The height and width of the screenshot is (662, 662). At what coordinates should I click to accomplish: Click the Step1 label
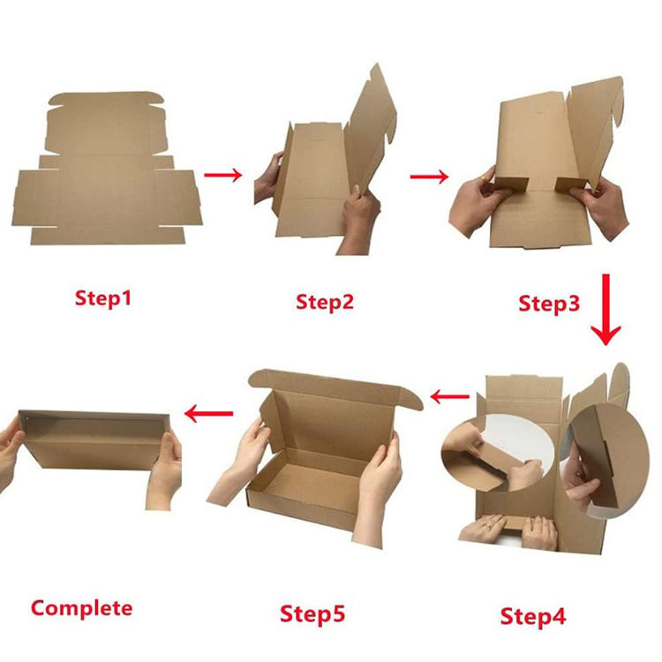103,298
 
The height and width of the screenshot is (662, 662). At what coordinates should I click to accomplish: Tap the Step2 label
324,302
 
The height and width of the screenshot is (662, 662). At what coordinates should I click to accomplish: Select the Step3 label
549,304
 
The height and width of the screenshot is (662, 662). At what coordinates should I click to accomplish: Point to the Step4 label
533,616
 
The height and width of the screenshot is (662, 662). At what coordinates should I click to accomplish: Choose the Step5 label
312,613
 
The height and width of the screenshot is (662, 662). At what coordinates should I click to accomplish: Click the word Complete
81,608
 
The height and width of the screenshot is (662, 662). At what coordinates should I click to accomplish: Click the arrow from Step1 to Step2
223,175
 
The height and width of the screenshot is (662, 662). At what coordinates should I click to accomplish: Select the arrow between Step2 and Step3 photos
429,177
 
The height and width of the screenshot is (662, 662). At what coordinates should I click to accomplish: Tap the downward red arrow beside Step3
606,310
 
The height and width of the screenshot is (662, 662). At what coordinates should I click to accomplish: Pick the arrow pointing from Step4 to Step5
449,397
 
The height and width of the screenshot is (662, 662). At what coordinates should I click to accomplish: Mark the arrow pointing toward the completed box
209,413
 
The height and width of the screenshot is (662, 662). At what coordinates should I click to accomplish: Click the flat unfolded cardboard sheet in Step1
107,168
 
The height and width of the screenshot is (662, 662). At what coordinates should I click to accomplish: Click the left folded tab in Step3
511,184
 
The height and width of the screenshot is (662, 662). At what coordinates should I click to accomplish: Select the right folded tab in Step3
571,184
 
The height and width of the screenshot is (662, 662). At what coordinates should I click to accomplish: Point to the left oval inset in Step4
497,453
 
